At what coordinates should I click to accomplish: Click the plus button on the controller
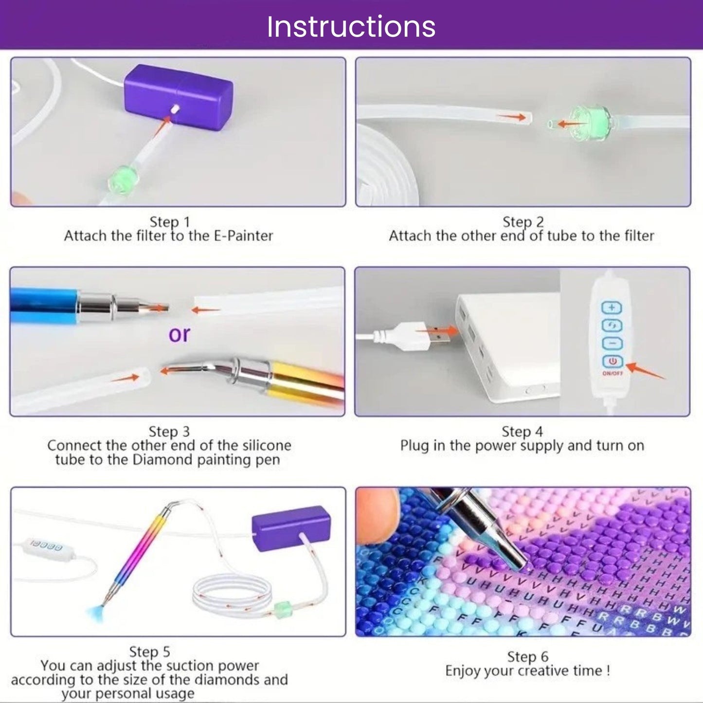612,307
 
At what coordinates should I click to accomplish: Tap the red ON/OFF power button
612,361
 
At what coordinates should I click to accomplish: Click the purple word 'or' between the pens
179,334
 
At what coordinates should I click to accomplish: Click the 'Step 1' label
169,222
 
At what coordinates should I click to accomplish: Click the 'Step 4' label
522,432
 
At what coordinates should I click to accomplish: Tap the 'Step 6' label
527,657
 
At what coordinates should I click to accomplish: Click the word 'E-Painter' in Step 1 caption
243,236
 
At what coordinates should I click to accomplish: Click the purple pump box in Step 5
291,528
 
